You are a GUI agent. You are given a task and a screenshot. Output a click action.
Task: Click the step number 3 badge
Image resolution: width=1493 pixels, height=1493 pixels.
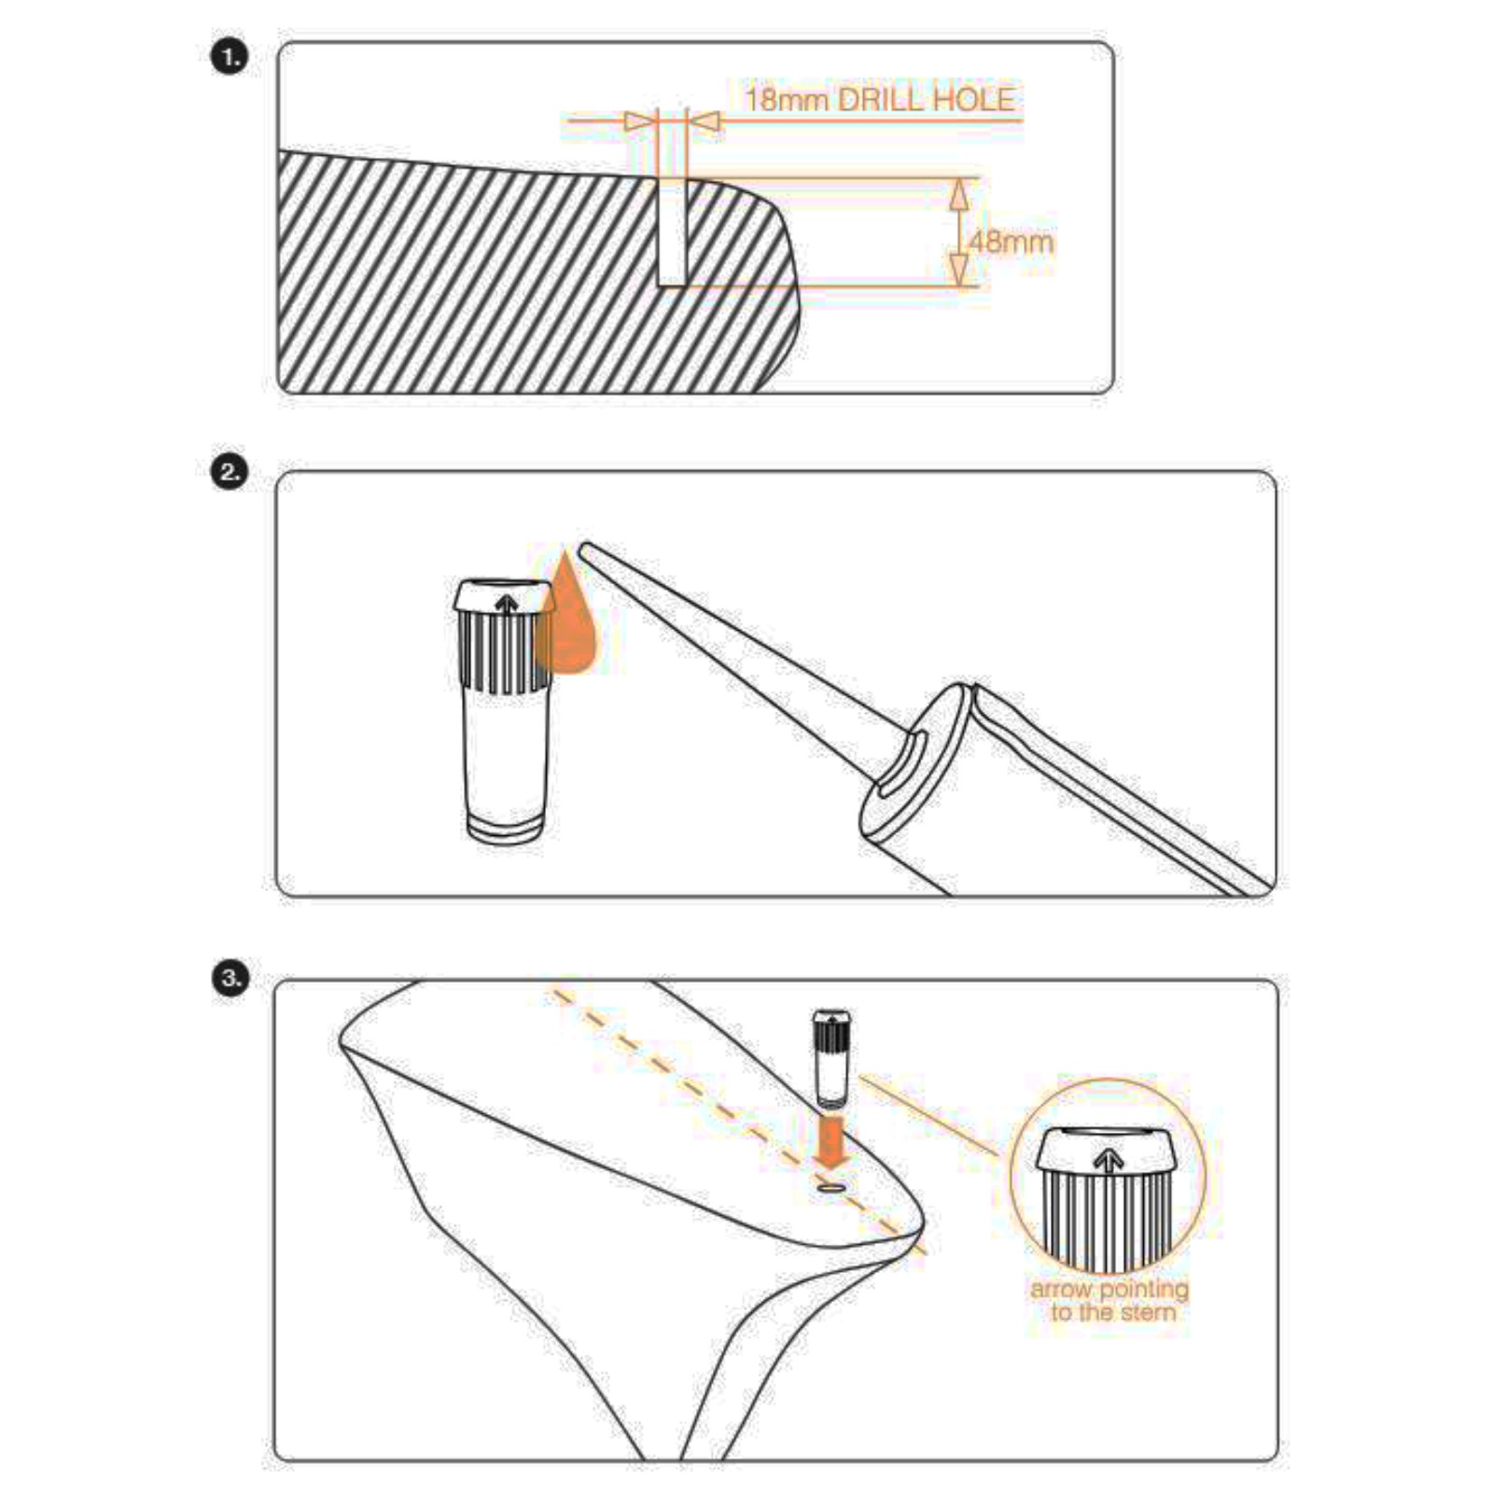pos(230,979)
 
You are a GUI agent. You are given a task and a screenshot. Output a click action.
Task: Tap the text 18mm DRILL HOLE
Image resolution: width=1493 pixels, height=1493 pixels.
pos(879,100)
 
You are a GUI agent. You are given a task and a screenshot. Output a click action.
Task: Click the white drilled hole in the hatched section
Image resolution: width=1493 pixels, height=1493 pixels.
pos(672,233)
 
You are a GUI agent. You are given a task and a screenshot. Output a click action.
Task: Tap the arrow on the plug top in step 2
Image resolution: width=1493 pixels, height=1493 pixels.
pos(507,604)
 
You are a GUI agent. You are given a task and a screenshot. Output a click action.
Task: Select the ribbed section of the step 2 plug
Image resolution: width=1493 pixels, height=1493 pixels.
pos(505,653)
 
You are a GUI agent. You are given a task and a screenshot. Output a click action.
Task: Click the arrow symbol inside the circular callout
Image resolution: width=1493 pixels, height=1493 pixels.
pos(1108,1161)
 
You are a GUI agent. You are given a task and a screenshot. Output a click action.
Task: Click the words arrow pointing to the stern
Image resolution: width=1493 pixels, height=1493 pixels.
pos(1110,1300)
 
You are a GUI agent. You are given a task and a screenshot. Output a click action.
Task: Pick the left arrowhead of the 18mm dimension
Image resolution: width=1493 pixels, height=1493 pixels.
pos(638,121)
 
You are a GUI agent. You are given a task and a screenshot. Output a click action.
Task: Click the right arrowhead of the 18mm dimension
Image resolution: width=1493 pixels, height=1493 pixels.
pos(706,121)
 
